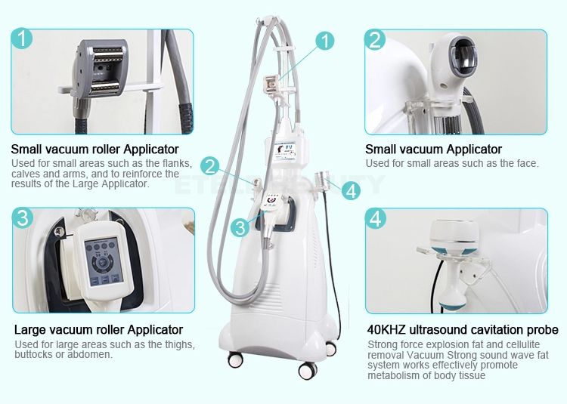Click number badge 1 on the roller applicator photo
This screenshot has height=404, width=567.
pyautogui.click(x=22, y=39)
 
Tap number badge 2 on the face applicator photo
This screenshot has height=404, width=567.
pyautogui.click(x=375, y=39)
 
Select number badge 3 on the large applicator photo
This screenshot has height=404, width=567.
pyautogui.click(x=23, y=217)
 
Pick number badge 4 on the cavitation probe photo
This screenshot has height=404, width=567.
pyautogui.click(x=376, y=218)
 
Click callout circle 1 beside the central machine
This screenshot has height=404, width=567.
pyautogui.click(x=325, y=41)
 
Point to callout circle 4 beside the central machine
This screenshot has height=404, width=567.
pyautogui.click(x=351, y=190)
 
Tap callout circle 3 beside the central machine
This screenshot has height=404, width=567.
pyautogui.click(x=240, y=227)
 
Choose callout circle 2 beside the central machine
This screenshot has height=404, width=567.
pyautogui.click(x=210, y=166)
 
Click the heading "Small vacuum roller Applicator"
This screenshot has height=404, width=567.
pyautogui.click(x=94, y=149)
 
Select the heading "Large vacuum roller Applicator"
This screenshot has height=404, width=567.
pyautogui.click(x=98, y=330)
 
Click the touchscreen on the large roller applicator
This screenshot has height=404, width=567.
pyautogui.click(x=102, y=261)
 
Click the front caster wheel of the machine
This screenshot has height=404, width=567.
pyautogui.click(x=308, y=371)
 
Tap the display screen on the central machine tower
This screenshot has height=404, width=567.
pyautogui.click(x=285, y=150)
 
